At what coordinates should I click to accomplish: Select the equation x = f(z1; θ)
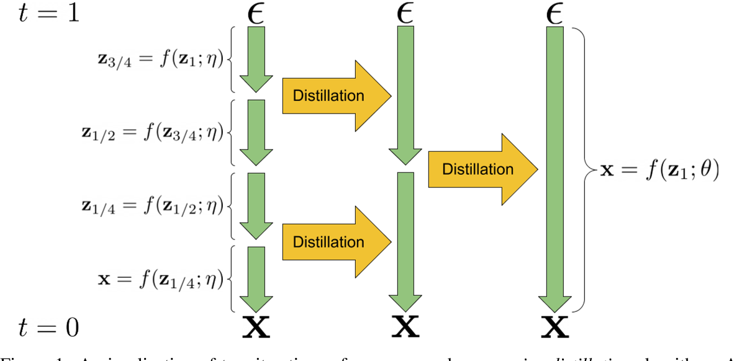(x=659, y=170)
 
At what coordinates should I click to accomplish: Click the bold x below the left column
(x=255, y=328)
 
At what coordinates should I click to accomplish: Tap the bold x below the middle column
(x=404, y=328)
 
